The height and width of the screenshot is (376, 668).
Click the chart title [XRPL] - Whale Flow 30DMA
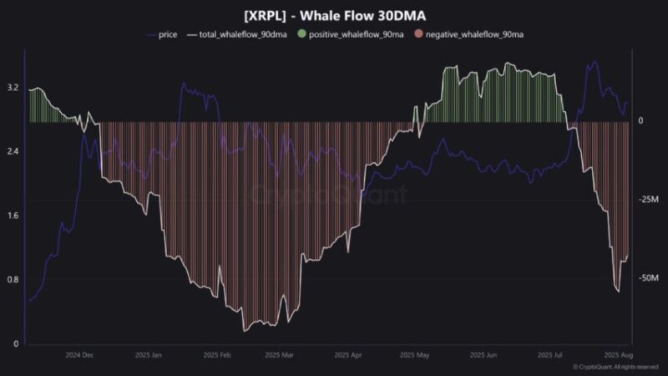[334, 14]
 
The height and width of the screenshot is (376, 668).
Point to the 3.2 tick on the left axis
[13, 87]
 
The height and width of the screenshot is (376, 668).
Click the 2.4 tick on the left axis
[13, 151]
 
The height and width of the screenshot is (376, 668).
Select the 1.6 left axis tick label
[13, 216]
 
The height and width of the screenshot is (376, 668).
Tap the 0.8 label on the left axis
[13, 279]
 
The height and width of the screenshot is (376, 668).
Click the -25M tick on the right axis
[649, 200]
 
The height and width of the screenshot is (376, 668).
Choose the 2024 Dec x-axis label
[80, 355]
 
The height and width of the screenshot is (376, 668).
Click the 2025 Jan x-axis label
[149, 355]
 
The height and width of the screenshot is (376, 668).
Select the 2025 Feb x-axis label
[217, 355]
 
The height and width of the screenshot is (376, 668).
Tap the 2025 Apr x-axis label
[347, 355]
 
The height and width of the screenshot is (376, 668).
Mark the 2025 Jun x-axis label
[483, 355]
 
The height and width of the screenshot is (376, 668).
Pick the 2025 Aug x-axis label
[619, 355]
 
